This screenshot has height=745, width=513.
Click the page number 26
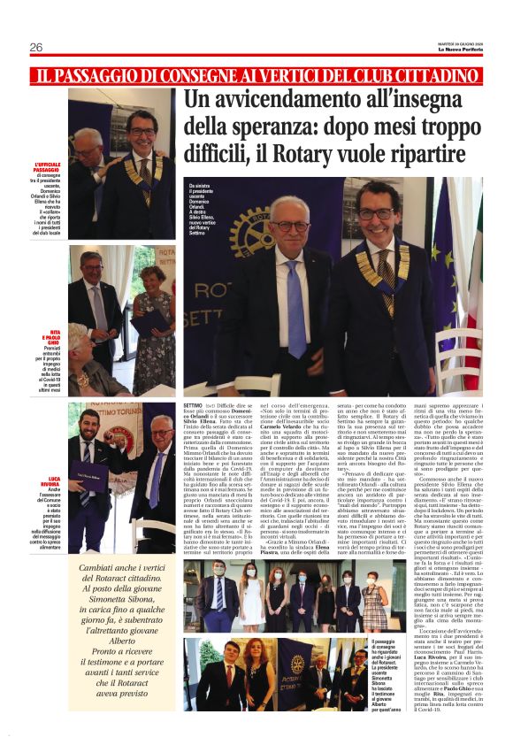(x=36, y=47)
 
